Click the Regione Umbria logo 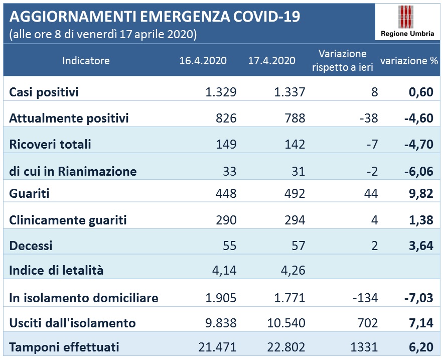tap(407, 22)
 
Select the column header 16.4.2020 tap(203, 61)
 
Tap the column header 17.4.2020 tap(272, 61)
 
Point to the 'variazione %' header tap(409, 61)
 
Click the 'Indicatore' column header tap(86, 61)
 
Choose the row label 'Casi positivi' tap(44, 92)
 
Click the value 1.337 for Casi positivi tap(289, 92)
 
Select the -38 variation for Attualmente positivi tap(369, 118)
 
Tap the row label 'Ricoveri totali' tap(50, 144)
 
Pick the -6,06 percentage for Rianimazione tap(419, 171)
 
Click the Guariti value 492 tap(295, 193)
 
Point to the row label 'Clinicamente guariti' tap(68, 220)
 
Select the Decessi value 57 tap(299, 246)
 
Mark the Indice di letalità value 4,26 tap(293, 270)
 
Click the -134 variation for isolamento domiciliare tap(365, 298)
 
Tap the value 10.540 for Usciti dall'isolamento tap(286, 323)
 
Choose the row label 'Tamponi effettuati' tap(64, 347)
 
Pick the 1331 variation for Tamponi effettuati tap(364, 347)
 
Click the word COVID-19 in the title tap(266, 17)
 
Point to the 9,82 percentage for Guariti tap(421, 193)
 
